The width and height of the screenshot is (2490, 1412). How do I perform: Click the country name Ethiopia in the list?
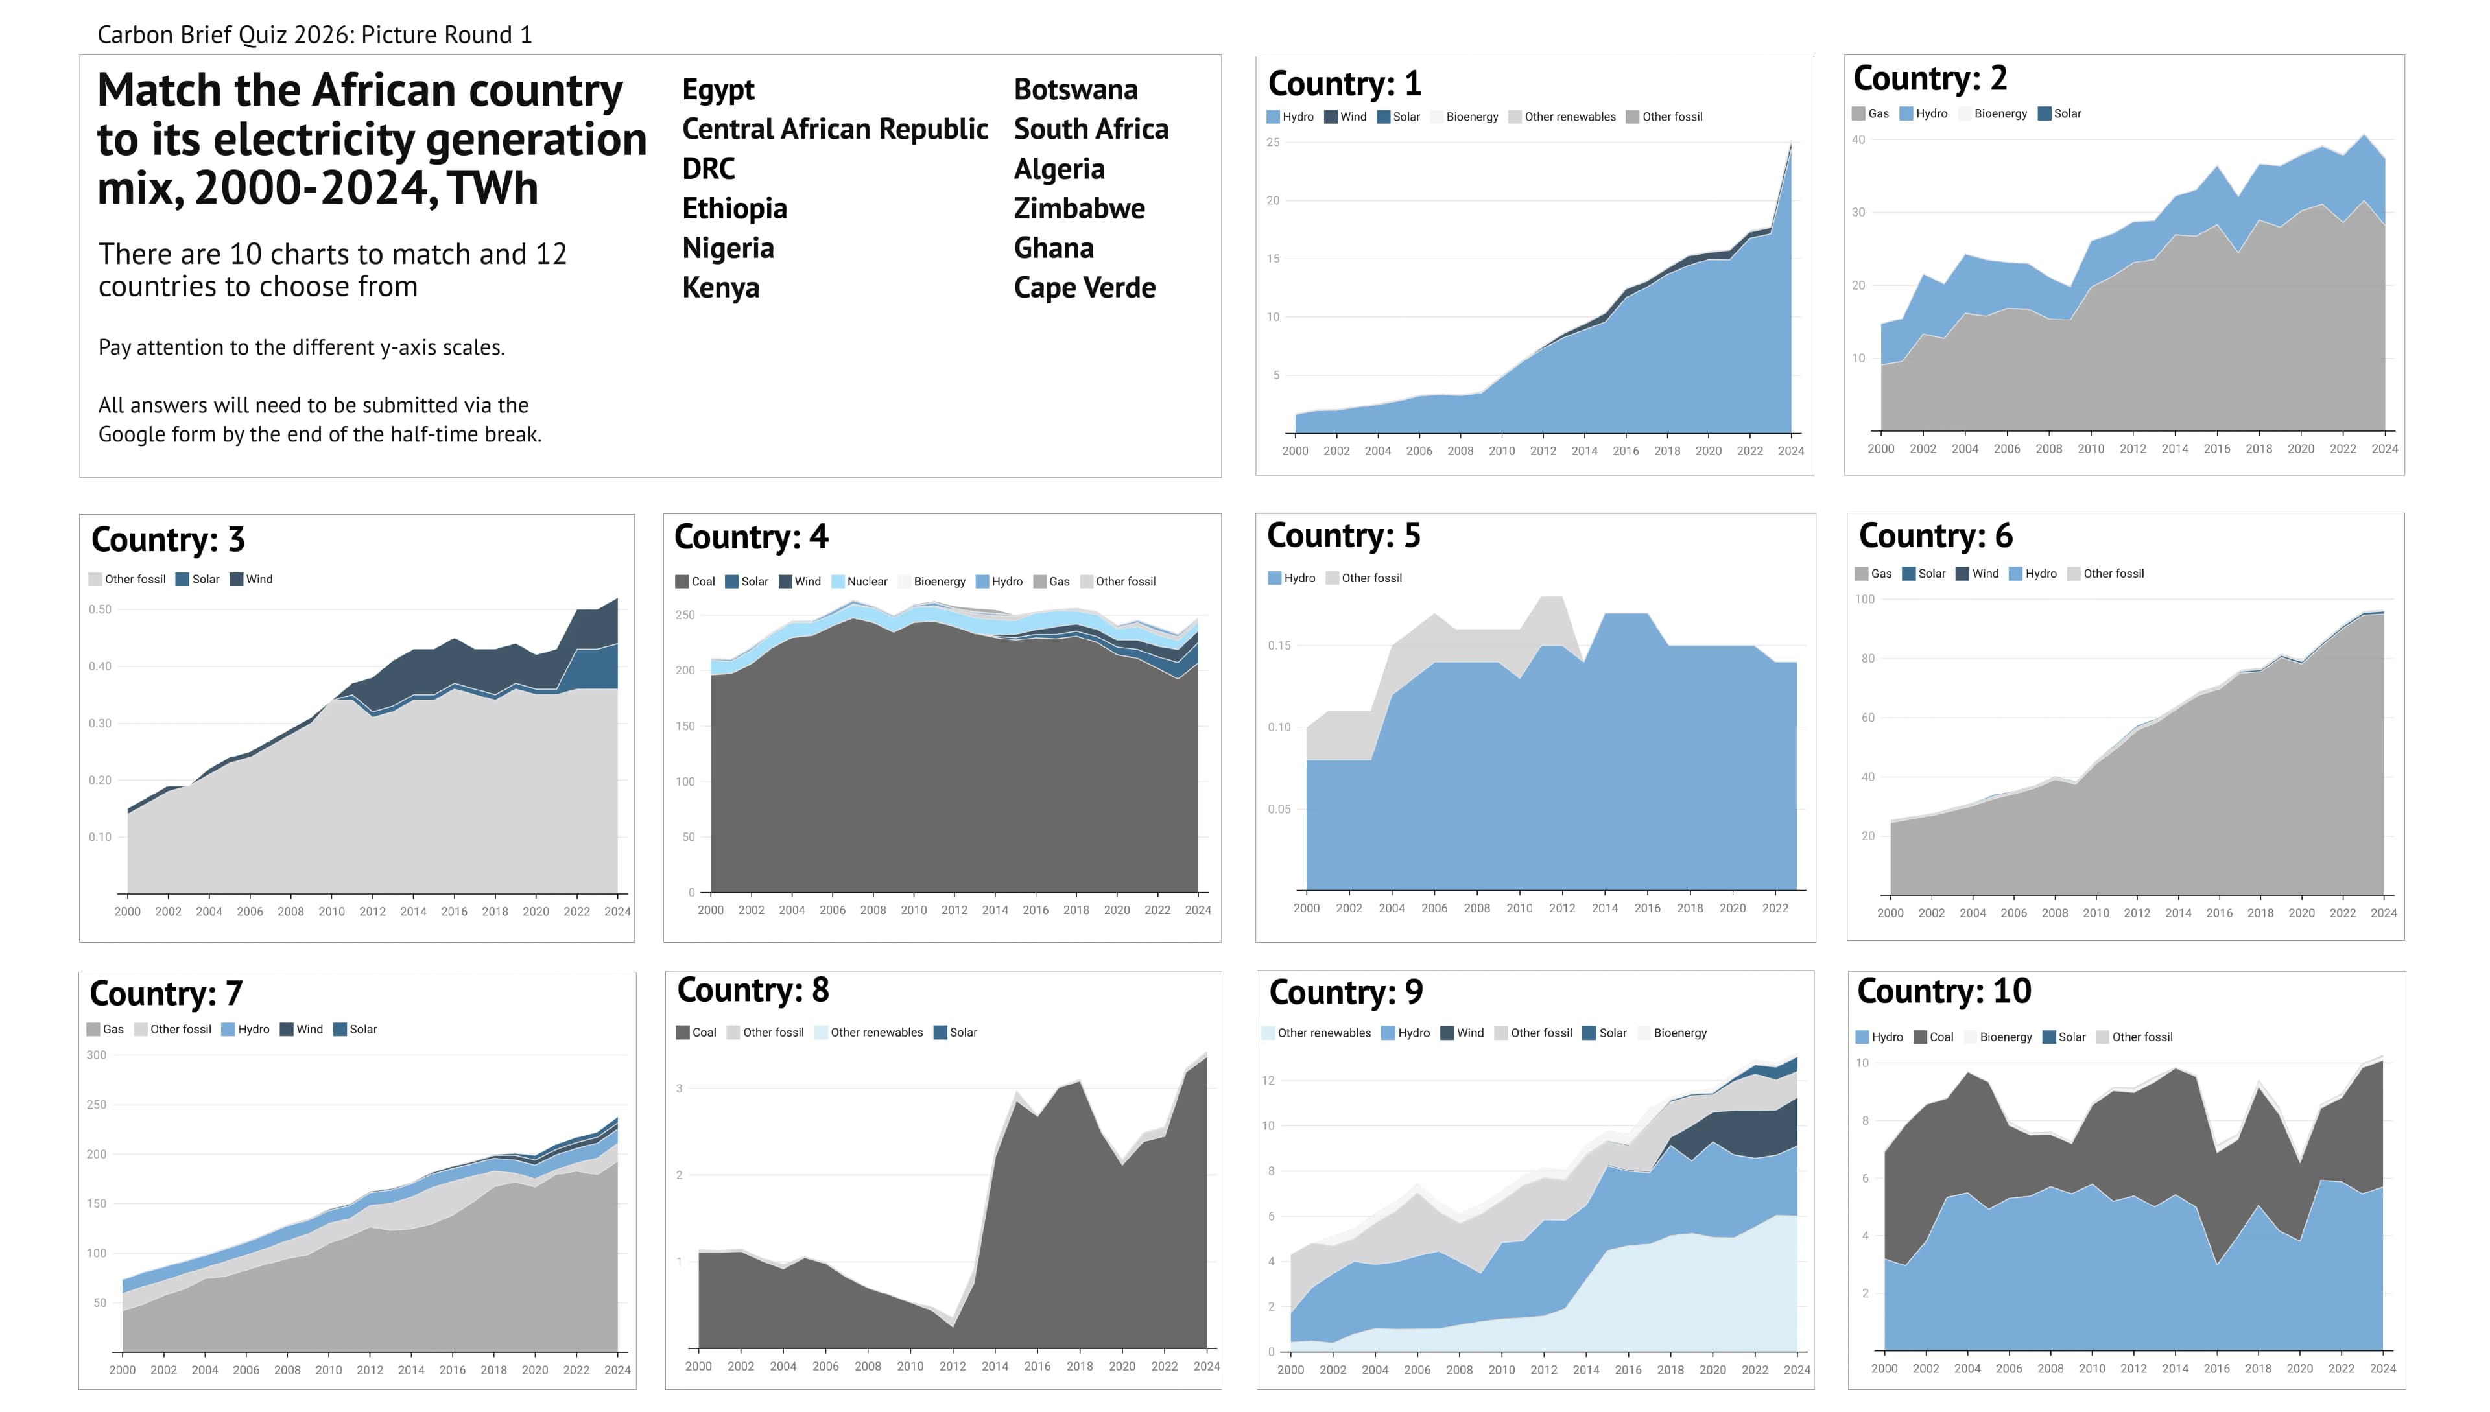(x=734, y=209)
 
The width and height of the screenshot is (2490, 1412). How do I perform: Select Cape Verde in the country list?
(x=1084, y=288)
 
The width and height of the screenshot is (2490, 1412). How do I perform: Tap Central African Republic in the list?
(x=834, y=129)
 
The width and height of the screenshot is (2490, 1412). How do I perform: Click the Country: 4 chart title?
(x=751, y=537)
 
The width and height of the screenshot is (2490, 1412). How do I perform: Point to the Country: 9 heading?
(x=1346, y=992)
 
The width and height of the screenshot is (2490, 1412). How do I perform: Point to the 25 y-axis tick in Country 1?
(x=1273, y=143)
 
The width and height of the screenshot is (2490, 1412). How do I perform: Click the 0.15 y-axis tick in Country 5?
(x=1279, y=646)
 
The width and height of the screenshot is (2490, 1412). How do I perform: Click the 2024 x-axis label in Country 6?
(x=2382, y=913)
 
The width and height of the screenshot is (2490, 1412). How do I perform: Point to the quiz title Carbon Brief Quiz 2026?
(x=314, y=36)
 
